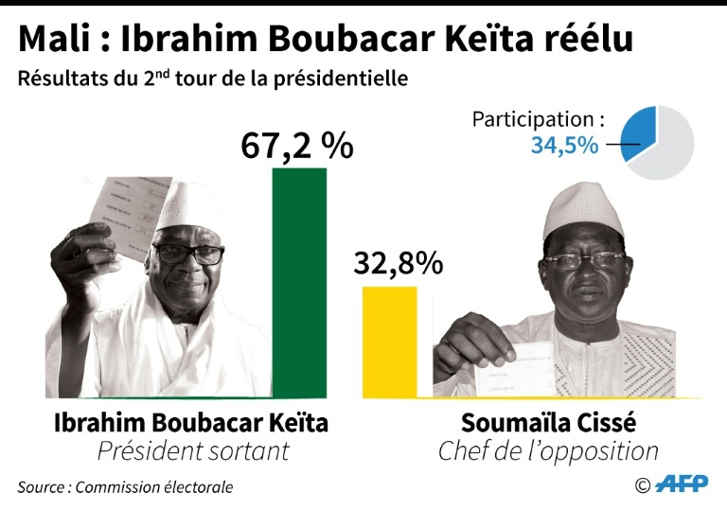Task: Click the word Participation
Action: [537, 120]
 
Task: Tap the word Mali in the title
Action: [55, 39]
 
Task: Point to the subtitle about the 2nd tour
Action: [212, 79]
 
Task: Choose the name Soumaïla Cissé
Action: [548, 423]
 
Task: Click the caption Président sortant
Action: [193, 451]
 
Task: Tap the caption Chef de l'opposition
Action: [548, 451]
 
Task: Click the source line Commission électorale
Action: [125, 487]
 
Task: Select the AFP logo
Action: [681, 484]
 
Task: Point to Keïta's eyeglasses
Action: [188, 255]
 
